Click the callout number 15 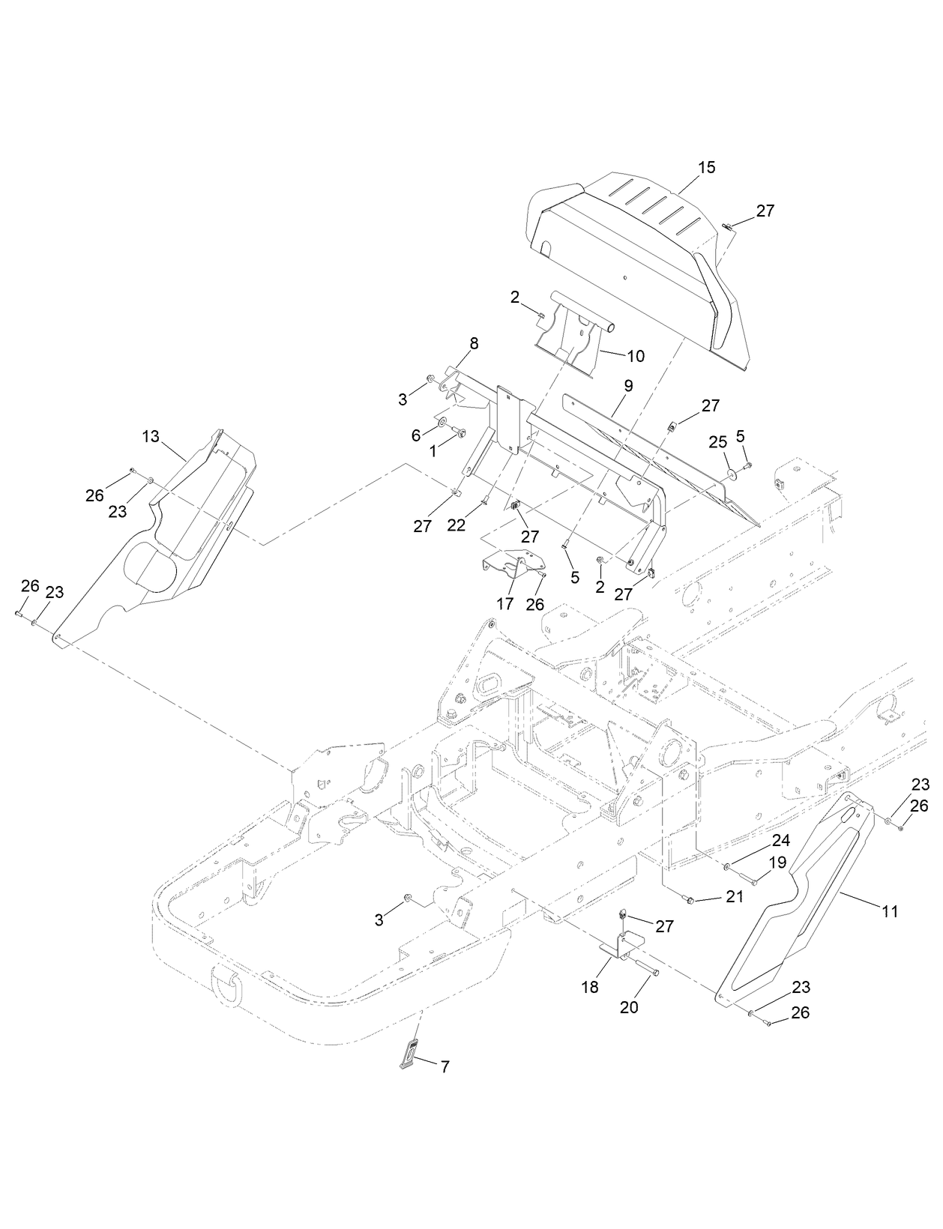click(706, 167)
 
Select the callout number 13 click(151, 436)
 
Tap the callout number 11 click(890, 911)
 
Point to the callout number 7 click(445, 1066)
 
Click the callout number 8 click(474, 344)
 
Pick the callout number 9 click(628, 386)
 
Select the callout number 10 click(636, 356)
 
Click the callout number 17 click(505, 603)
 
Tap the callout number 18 click(590, 987)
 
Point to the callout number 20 click(629, 1007)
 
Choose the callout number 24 click(781, 841)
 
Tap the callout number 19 click(777, 863)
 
